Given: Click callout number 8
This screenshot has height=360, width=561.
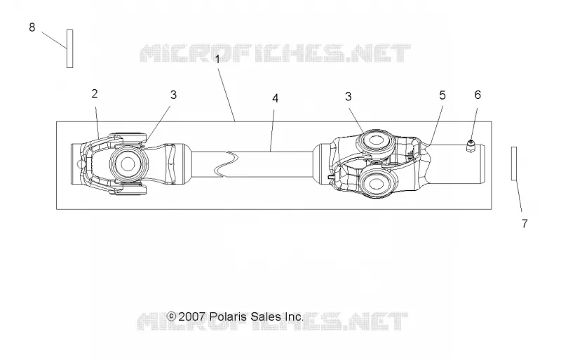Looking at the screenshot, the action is [32, 27].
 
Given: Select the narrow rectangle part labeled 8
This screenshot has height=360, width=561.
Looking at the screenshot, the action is [69, 48].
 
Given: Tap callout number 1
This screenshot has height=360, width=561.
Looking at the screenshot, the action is [217, 60].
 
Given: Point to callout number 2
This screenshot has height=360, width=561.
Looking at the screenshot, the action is [95, 93].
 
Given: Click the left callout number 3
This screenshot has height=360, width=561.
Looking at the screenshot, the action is [173, 95].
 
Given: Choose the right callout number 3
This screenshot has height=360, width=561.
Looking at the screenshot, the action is [348, 96].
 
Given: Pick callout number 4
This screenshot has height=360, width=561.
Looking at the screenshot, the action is [275, 98].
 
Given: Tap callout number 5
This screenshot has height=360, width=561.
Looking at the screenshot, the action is [442, 95].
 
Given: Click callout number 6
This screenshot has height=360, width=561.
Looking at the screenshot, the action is [478, 95].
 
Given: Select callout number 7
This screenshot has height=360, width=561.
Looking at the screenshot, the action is [525, 224].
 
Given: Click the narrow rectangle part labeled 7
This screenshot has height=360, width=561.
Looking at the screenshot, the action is [514, 164].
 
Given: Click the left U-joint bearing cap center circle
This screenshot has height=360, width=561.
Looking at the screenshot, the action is [128, 164].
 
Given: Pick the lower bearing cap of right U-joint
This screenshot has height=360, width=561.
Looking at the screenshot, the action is [376, 184].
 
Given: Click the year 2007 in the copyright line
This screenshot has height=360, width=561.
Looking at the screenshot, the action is [191, 316].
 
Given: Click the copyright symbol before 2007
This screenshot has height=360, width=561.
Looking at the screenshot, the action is [171, 316].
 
